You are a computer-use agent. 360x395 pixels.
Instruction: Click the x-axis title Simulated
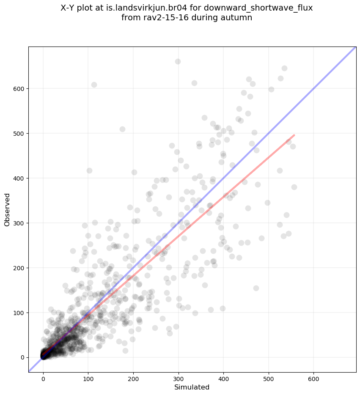point(192,387)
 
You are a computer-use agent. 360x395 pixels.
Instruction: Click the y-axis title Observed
point(7,209)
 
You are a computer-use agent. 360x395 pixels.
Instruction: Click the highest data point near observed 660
point(178,61)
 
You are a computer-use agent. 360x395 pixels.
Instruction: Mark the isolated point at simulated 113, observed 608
point(94,85)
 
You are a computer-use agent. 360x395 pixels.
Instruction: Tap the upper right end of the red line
point(294,135)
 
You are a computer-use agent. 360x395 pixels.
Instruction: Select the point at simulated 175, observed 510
point(122,129)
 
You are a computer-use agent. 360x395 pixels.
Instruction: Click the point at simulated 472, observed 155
point(256,288)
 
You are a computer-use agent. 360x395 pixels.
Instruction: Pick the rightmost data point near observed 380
point(294,187)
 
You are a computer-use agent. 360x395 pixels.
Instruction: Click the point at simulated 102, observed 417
point(89,170)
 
